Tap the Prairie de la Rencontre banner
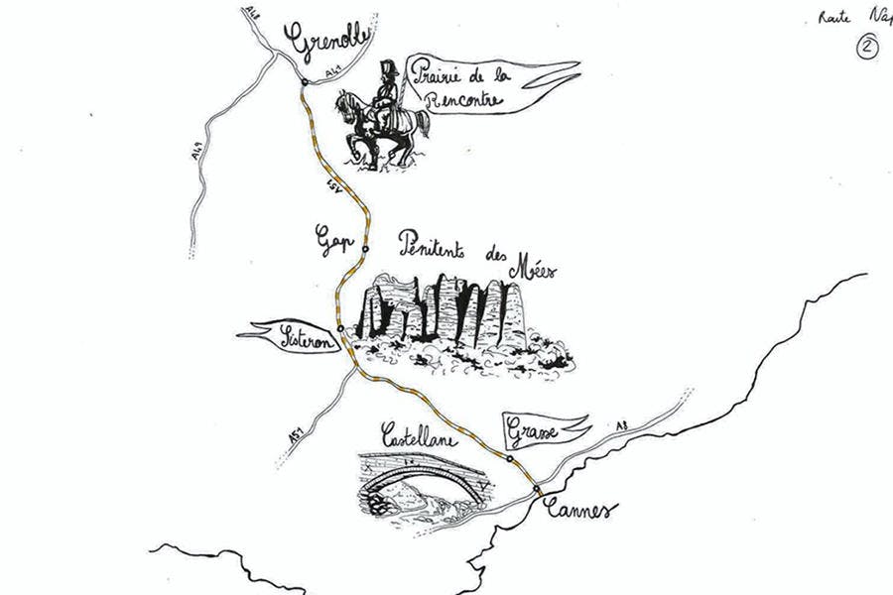point(466,85)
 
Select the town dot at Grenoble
point(304,82)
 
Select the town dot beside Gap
point(365,249)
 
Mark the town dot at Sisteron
point(340,328)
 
